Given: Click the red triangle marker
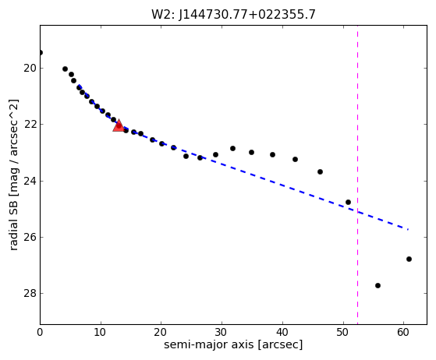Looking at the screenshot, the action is [119, 125].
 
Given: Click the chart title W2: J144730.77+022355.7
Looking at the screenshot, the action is [233, 15].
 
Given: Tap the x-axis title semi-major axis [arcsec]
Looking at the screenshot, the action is [233, 344].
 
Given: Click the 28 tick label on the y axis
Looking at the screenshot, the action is [30, 293].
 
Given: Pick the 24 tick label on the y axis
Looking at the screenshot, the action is [30, 181].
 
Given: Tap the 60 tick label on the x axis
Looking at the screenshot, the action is [404, 332].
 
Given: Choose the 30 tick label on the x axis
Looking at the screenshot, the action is [222, 332].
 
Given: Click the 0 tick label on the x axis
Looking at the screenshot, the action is [40, 332].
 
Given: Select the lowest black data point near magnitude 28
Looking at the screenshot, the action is [378, 285].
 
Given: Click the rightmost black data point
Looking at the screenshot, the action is [409, 259].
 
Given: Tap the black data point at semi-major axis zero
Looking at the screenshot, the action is [41, 52].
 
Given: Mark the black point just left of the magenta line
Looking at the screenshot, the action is [348, 203].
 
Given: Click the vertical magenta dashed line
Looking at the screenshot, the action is [357, 175].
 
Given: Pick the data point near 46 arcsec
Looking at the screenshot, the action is [320, 172].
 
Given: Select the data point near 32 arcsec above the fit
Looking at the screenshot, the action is [232, 149].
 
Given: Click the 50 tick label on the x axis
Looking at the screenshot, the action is [343, 332].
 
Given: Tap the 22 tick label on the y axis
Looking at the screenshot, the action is [30, 124].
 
